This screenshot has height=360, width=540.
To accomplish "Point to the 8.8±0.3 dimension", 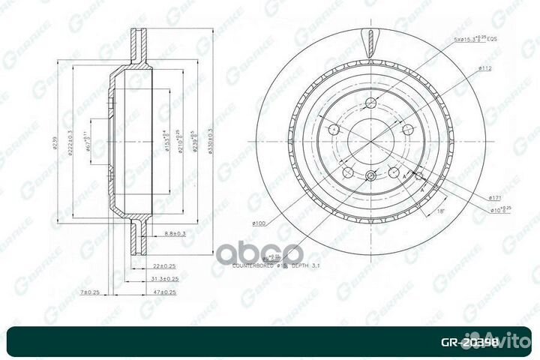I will [x=174, y=235].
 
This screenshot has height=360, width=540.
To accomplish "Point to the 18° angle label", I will [x=440, y=213].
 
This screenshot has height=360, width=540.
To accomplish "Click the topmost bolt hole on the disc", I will [x=368, y=103].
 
